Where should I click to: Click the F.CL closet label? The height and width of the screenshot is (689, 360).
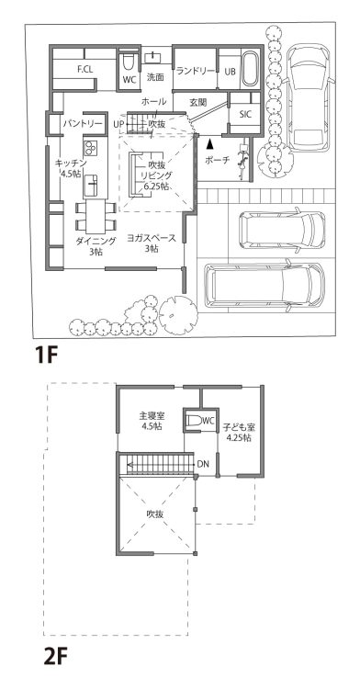click(x=84, y=69)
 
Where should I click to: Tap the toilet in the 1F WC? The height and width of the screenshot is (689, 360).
click(x=128, y=62)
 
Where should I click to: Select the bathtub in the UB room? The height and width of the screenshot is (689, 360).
click(x=250, y=69)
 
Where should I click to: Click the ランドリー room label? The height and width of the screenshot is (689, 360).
click(x=196, y=71)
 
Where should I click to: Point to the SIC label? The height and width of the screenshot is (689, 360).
click(x=245, y=114)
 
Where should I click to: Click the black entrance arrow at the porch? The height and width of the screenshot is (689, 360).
click(x=210, y=142)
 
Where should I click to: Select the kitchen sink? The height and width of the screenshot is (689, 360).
click(x=92, y=185)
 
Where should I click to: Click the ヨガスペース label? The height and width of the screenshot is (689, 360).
click(x=152, y=239)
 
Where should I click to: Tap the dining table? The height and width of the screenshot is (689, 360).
click(x=96, y=216)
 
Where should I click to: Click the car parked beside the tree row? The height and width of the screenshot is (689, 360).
click(x=309, y=97)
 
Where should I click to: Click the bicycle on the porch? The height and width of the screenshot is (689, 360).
click(x=242, y=161)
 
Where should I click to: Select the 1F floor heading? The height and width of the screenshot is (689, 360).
click(x=47, y=355)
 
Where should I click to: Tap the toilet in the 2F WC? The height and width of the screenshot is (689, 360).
click(x=192, y=421)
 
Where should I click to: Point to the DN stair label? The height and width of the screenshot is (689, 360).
click(x=203, y=464)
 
